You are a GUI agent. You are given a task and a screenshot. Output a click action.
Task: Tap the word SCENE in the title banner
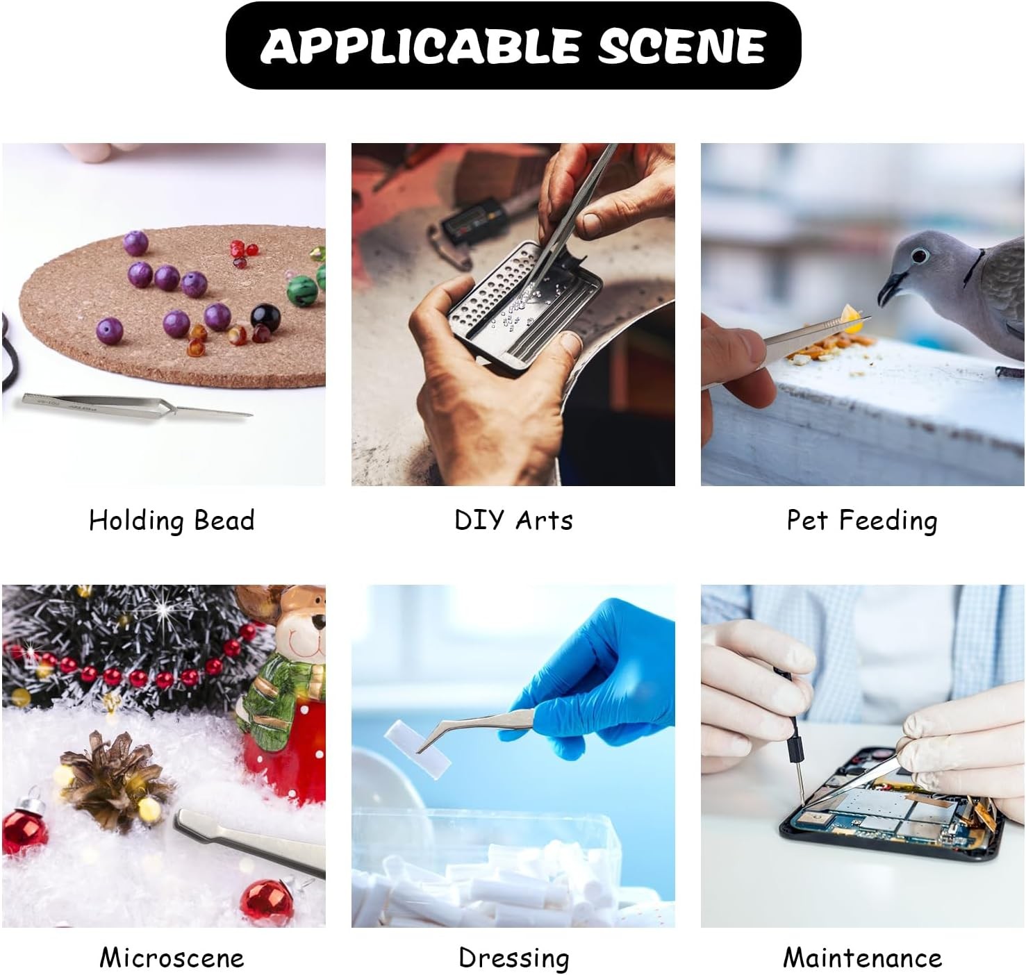click(x=681, y=45)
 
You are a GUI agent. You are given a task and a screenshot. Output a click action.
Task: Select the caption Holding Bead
click(x=172, y=520)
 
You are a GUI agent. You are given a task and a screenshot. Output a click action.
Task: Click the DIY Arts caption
click(x=513, y=520)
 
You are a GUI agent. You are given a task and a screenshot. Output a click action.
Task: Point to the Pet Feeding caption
click(x=861, y=520)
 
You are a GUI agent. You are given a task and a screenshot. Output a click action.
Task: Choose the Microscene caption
click(x=172, y=958)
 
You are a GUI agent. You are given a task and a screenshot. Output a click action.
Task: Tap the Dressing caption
click(x=513, y=958)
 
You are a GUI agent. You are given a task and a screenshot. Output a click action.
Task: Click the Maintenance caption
click(x=862, y=958)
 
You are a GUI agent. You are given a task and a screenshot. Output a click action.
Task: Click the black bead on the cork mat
click(x=265, y=316)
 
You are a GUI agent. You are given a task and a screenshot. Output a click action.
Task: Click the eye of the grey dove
click(x=919, y=256)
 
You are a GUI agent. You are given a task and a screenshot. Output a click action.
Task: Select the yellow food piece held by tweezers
click(x=852, y=319)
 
